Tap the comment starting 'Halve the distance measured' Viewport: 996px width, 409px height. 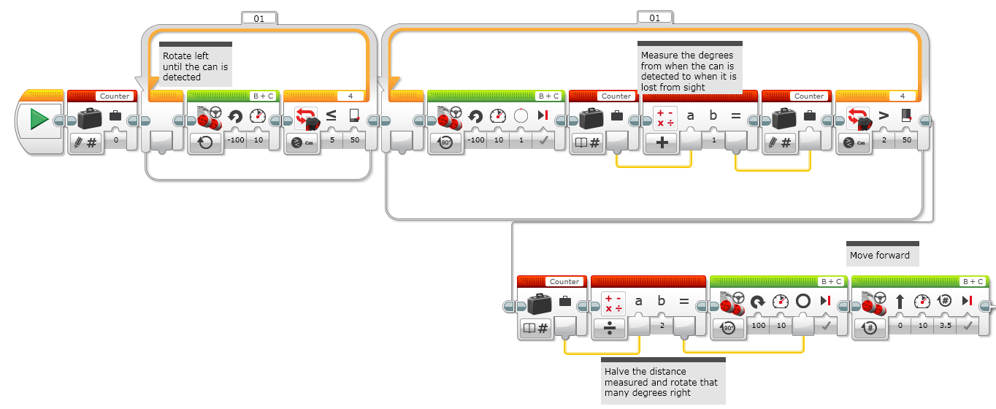click(x=661, y=382)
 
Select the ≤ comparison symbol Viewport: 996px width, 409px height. click(x=331, y=116)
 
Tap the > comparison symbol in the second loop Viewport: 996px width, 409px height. click(x=883, y=116)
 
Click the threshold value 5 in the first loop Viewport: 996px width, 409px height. click(x=331, y=139)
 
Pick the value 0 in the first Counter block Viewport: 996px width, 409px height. click(x=115, y=139)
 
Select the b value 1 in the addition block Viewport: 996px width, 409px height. click(x=713, y=139)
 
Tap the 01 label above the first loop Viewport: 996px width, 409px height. click(x=258, y=18)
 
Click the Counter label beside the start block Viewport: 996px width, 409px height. click(x=114, y=96)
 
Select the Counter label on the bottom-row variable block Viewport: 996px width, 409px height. click(x=564, y=281)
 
